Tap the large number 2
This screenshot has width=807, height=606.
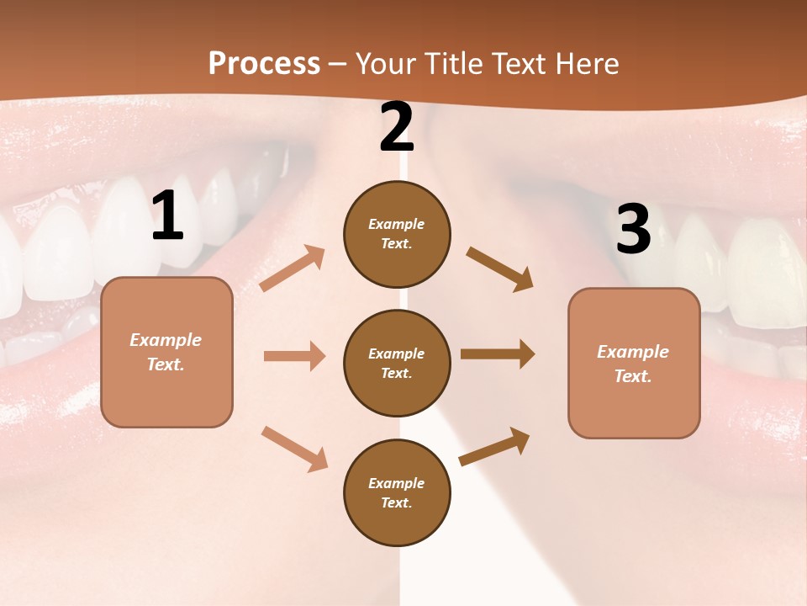397,127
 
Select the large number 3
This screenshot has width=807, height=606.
633,229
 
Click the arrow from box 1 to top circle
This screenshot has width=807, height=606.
293,268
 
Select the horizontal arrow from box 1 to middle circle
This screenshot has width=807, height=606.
294,356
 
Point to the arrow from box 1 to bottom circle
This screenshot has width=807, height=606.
294,449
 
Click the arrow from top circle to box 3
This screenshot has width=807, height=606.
499,268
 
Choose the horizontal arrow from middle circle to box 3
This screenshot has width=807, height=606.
498,354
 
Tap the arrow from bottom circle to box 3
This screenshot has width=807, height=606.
494,446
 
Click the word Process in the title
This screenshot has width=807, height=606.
264,63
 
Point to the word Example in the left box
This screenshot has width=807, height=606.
166,340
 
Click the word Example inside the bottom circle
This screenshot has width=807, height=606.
396,483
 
